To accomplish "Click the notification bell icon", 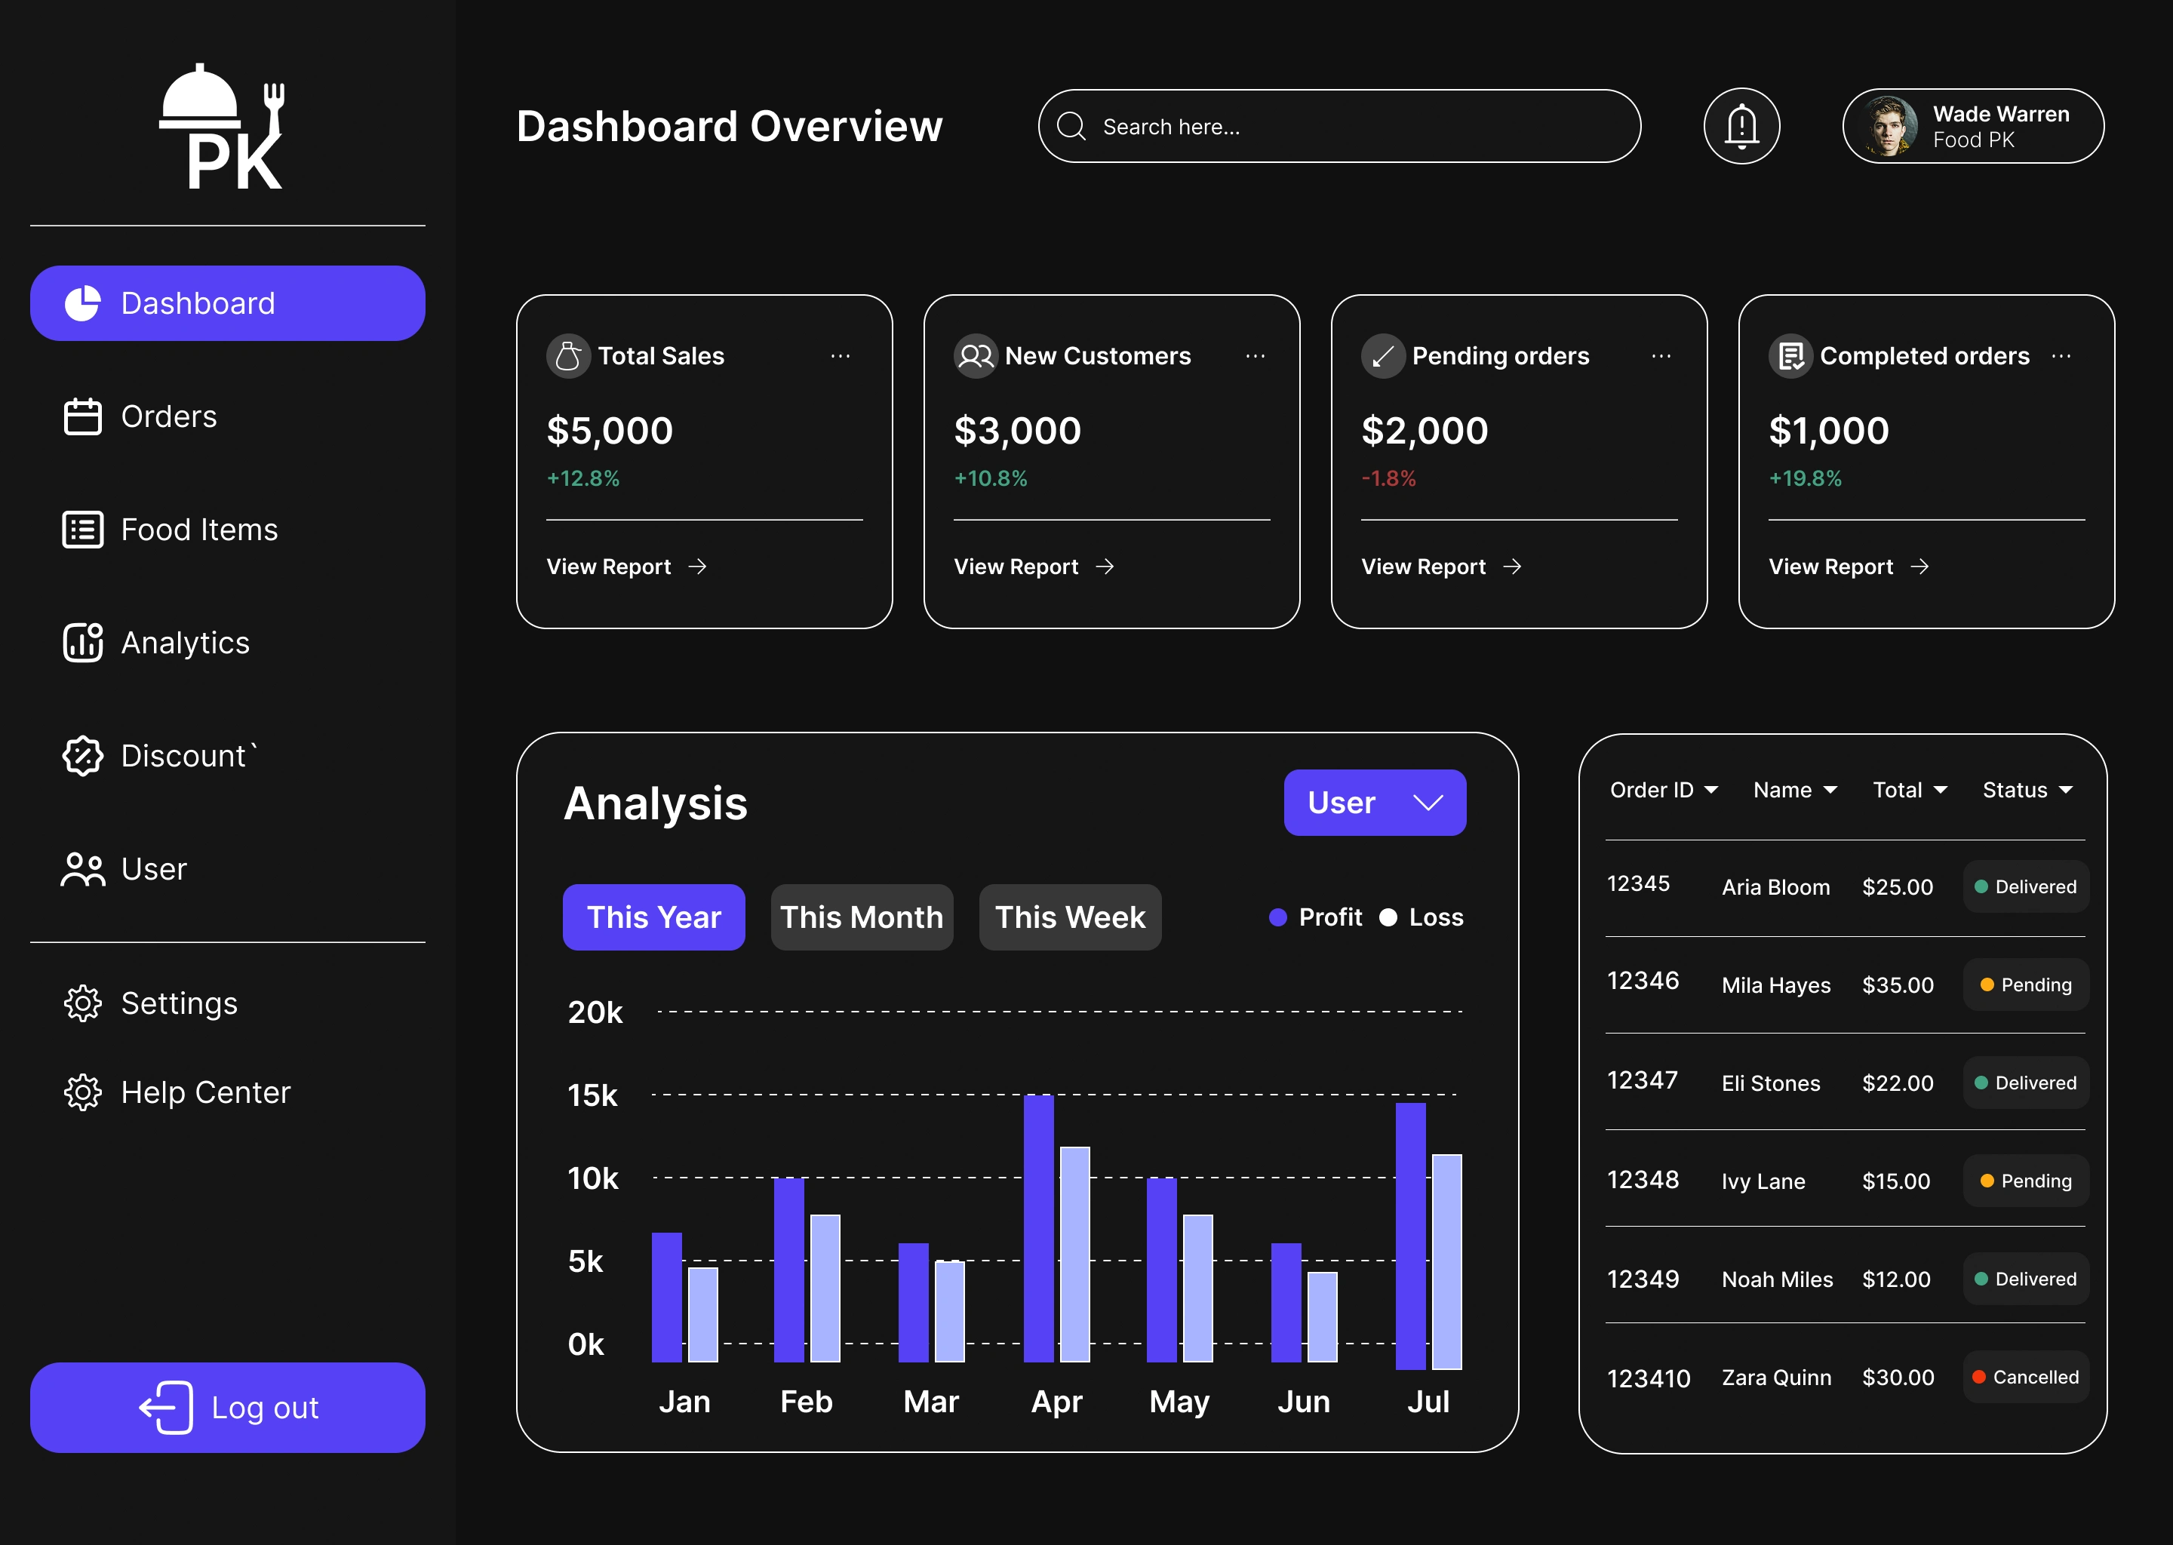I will [1741, 127].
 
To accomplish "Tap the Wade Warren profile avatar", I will [1889, 127].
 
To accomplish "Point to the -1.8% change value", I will [1388, 478].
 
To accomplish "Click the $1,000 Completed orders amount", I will [1827, 431].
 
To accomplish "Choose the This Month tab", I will [861, 917].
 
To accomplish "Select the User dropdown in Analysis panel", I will [1374, 803].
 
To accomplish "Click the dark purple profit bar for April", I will [1038, 1227].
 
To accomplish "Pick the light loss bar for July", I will [1446, 1261].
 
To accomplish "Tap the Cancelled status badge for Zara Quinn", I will [2026, 1377].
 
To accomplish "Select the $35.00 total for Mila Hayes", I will [1897, 984].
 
